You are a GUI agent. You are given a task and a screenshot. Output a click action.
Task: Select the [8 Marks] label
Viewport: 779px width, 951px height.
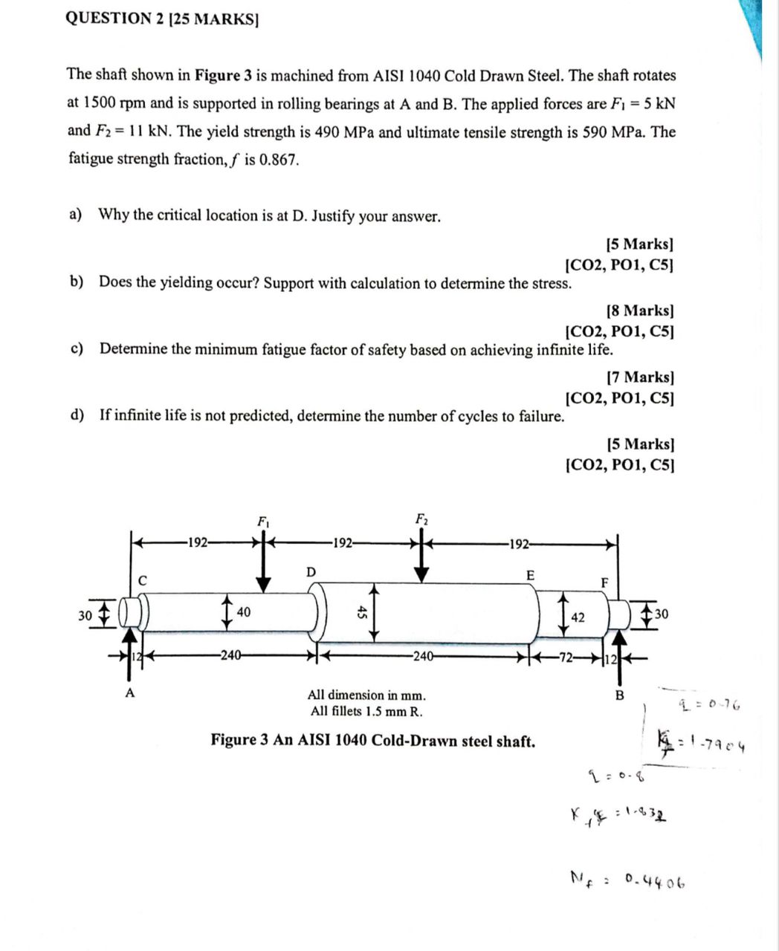640,311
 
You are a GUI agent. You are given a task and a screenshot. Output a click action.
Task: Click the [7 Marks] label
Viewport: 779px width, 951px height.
640,377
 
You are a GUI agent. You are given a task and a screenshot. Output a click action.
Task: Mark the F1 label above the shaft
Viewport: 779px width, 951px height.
263,521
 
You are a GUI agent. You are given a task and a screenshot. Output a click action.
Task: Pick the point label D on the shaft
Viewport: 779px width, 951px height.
311,571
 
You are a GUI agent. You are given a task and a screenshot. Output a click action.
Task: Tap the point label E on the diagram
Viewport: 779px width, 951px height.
530,576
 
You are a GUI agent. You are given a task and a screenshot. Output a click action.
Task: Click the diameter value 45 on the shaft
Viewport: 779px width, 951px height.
362,612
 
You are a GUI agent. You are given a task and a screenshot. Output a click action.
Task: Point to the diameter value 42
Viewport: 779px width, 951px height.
578,617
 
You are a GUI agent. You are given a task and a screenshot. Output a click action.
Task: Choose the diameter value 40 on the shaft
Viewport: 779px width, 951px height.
244,612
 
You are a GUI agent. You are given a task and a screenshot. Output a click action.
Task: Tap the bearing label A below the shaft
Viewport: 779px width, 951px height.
130,693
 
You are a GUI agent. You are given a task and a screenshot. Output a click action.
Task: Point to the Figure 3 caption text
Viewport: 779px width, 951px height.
373,741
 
